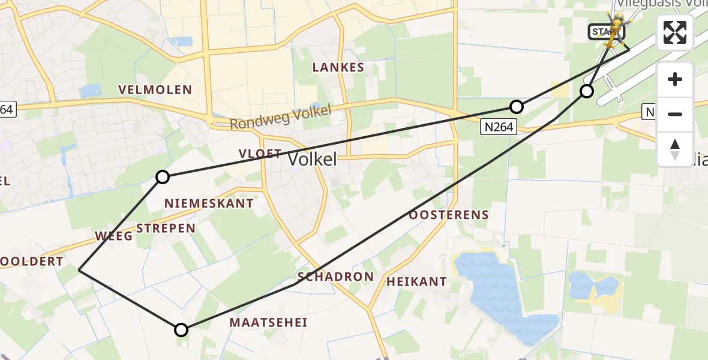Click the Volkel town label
[313, 159]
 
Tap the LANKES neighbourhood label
[338, 67]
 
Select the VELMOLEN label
[155, 90]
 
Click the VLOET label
[260, 154]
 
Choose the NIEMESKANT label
[209, 203]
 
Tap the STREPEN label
[166, 228]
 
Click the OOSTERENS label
[449, 214]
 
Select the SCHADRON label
[335, 277]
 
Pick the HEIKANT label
[416, 281]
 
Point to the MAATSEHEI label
[268, 323]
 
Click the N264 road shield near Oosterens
[497, 127]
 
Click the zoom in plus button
[675, 79]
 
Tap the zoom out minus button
[675, 114]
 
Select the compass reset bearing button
[675, 149]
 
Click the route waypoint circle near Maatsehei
[181, 329]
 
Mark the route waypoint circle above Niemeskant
[163, 176]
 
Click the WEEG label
[113, 236]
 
